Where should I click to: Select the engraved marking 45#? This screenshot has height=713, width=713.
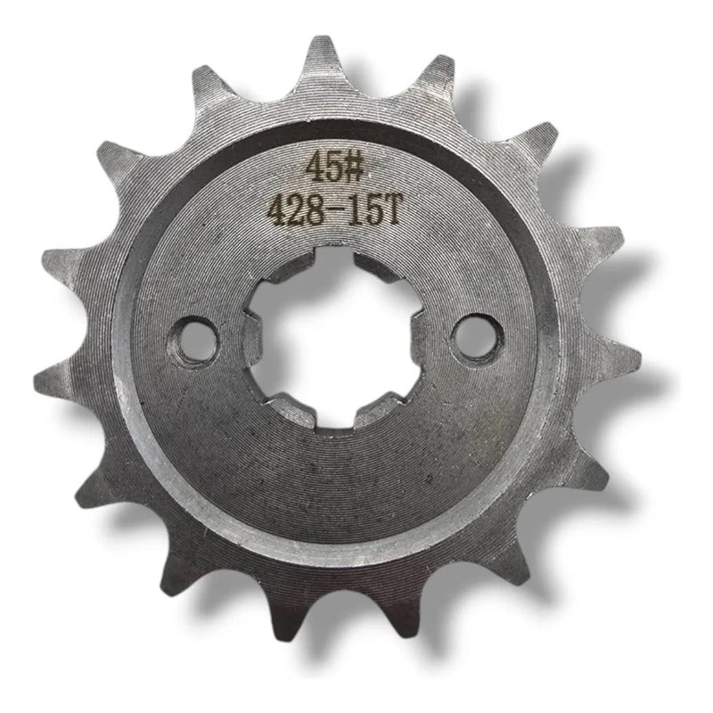point(335,167)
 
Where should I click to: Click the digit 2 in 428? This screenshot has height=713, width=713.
point(296,211)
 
